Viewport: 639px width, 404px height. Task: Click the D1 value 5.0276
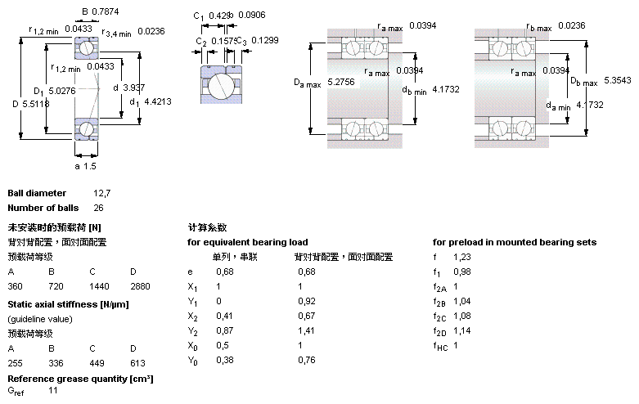coord(63,91)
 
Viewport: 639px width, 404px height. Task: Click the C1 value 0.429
coord(218,16)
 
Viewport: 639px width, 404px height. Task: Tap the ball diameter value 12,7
coord(101,193)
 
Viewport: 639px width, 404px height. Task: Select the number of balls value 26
coord(99,208)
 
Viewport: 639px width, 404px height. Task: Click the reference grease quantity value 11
coord(53,393)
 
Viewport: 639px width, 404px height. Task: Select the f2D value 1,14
coord(462,330)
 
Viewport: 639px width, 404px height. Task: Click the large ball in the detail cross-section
coord(220,86)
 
